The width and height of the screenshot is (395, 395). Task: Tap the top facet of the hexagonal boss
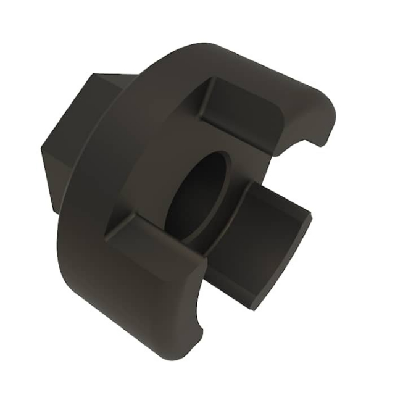pyautogui.click(x=114, y=80)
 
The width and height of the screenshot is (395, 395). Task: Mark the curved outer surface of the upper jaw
pyautogui.click(x=259, y=68)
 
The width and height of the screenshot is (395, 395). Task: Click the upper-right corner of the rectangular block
pyautogui.click(x=310, y=216)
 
